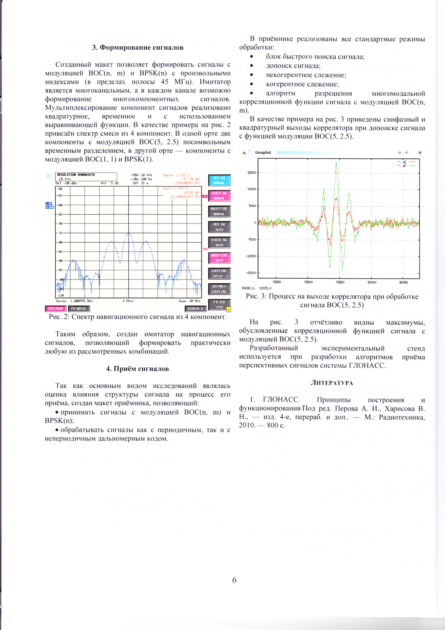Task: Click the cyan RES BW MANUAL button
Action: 219,180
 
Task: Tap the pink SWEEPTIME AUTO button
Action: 219,258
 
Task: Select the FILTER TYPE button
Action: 219,305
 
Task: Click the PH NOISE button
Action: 79,309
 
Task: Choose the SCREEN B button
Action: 195,309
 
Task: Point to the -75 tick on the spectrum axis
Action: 60,233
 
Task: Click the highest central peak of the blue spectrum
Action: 129,233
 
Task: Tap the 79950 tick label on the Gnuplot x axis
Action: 340,282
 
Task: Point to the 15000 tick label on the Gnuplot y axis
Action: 251,173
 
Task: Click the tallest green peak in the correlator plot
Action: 336,163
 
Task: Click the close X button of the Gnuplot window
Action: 420,153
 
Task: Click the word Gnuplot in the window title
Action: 263,153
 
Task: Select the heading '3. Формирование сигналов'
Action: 138,47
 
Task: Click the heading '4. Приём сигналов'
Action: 138,369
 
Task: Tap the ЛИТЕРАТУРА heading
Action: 332,383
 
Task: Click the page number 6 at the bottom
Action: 234,580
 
